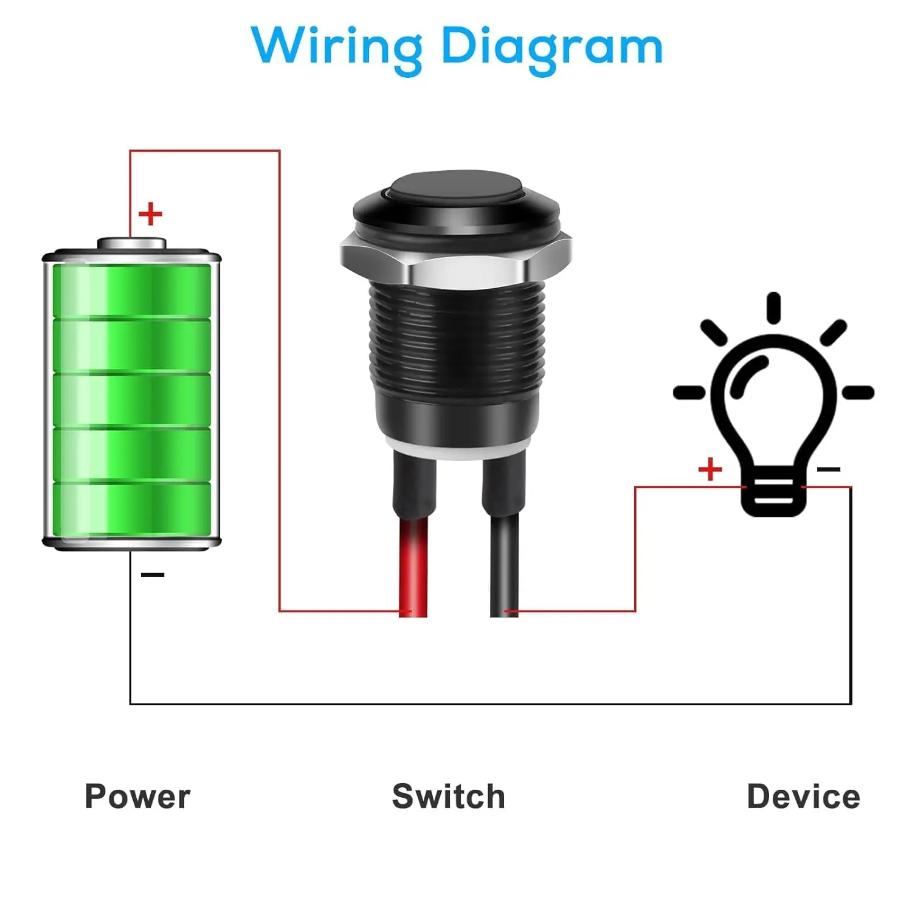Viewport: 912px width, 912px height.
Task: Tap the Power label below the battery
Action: [x=137, y=796]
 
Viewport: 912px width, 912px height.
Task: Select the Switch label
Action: [x=449, y=796]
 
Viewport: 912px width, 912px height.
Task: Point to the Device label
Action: [x=803, y=796]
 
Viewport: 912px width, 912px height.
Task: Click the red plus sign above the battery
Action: [x=151, y=214]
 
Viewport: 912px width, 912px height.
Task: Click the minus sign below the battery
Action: [x=153, y=575]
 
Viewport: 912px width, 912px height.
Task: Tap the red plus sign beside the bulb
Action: [x=710, y=469]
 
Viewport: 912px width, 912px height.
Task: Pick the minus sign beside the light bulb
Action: [x=829, y=469]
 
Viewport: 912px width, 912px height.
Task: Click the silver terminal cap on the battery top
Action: [x=131, y=243]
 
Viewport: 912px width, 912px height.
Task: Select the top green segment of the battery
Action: [x=131, y=290]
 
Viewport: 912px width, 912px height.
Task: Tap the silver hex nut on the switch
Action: [x=456, y=260]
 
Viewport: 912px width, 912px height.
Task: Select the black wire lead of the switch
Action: [x=504, y=565]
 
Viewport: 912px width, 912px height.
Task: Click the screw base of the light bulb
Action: [x=773, y=494]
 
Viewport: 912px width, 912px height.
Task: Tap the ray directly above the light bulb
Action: [x=773, y=308]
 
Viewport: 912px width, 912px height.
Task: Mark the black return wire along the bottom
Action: [x=490, y=704]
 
